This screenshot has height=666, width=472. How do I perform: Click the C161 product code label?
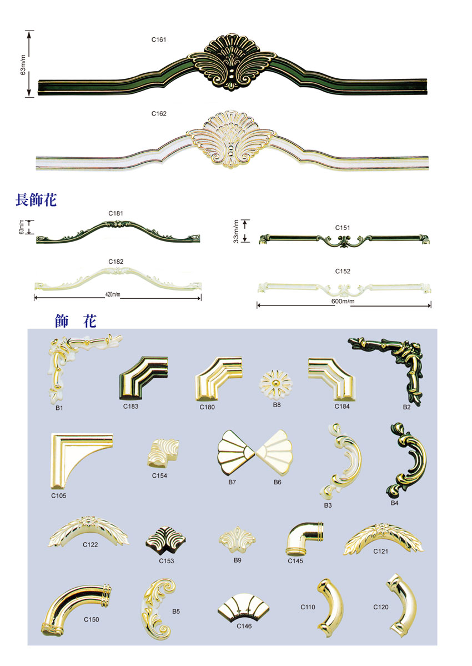159,40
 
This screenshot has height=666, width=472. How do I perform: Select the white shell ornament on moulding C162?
231,139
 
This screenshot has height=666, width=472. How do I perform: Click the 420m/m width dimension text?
112,294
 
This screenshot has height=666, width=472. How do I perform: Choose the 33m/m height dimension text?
237,231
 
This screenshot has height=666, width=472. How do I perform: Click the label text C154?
159,475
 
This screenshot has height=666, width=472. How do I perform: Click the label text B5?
176,612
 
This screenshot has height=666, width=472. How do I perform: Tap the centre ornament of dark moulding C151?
343,241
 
